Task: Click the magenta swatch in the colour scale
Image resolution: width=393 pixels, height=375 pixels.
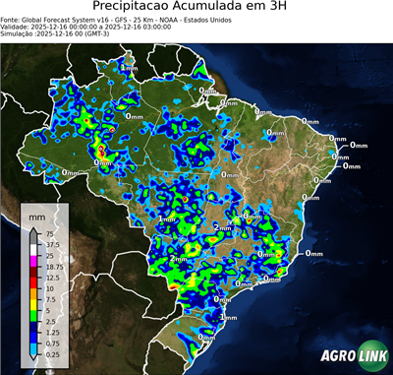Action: click(x=34, y=261)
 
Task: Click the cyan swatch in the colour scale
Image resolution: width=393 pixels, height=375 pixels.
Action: click(x=34, y=347)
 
